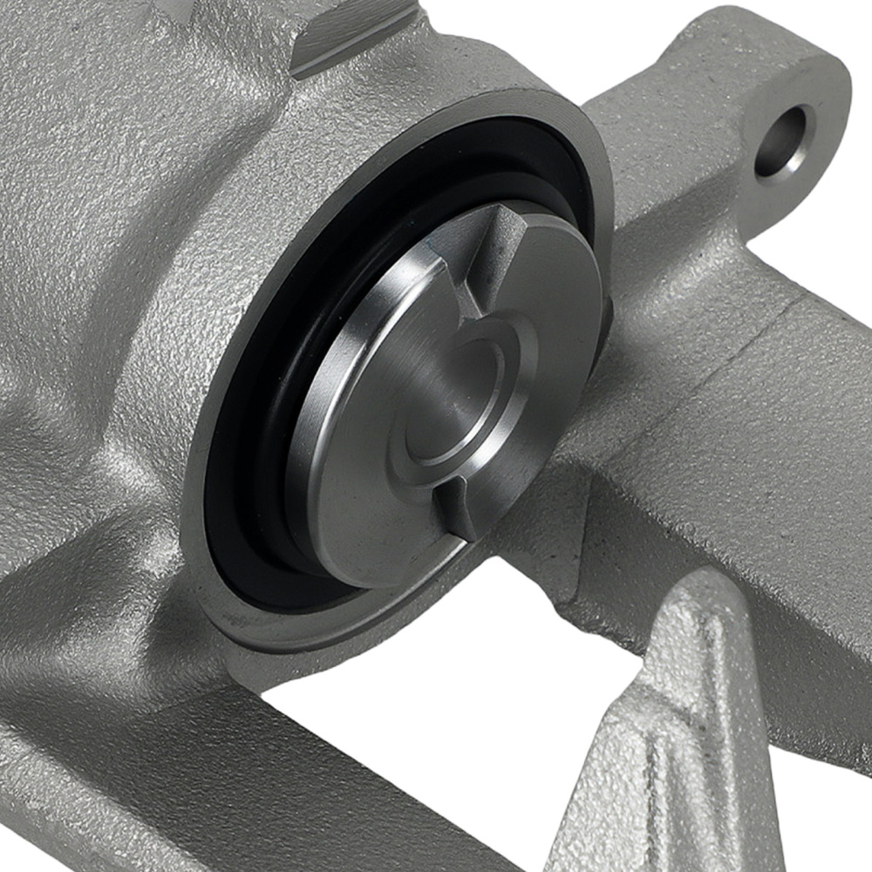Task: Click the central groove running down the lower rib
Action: [x=671, y=741]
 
